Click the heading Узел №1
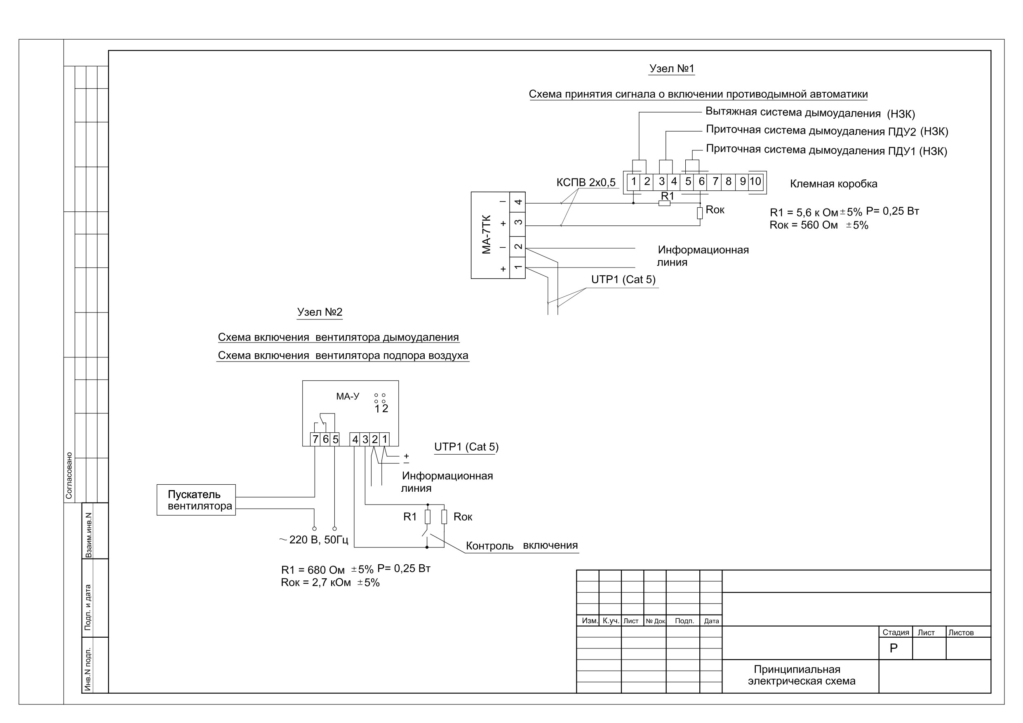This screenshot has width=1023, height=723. coord(671,68)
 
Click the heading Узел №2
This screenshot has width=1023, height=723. coord(320,312)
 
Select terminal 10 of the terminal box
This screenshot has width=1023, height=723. coord(755,181)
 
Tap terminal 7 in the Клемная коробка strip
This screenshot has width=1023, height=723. coord(715,181)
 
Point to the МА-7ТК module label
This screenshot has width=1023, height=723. coord(487,235)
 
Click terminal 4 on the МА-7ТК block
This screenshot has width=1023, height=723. coord(518,203)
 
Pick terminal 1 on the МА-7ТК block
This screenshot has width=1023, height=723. coord(518,267)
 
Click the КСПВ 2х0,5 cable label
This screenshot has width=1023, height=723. coord(586,182)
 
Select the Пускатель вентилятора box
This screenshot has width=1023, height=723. coord(196,500)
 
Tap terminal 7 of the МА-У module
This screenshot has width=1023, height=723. coord(315,439)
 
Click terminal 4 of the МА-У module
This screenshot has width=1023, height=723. coord(355,439)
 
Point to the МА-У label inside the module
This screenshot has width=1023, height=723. coord(348,396)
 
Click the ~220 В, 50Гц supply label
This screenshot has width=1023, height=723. coord(314,540)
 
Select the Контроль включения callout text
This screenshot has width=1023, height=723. coord(522,546)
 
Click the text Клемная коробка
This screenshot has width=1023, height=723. coord(834,184)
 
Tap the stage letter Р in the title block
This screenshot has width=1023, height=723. coord(894,648)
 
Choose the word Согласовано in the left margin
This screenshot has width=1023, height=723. coord(69,476)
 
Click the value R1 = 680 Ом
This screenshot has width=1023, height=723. coord(313,570)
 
